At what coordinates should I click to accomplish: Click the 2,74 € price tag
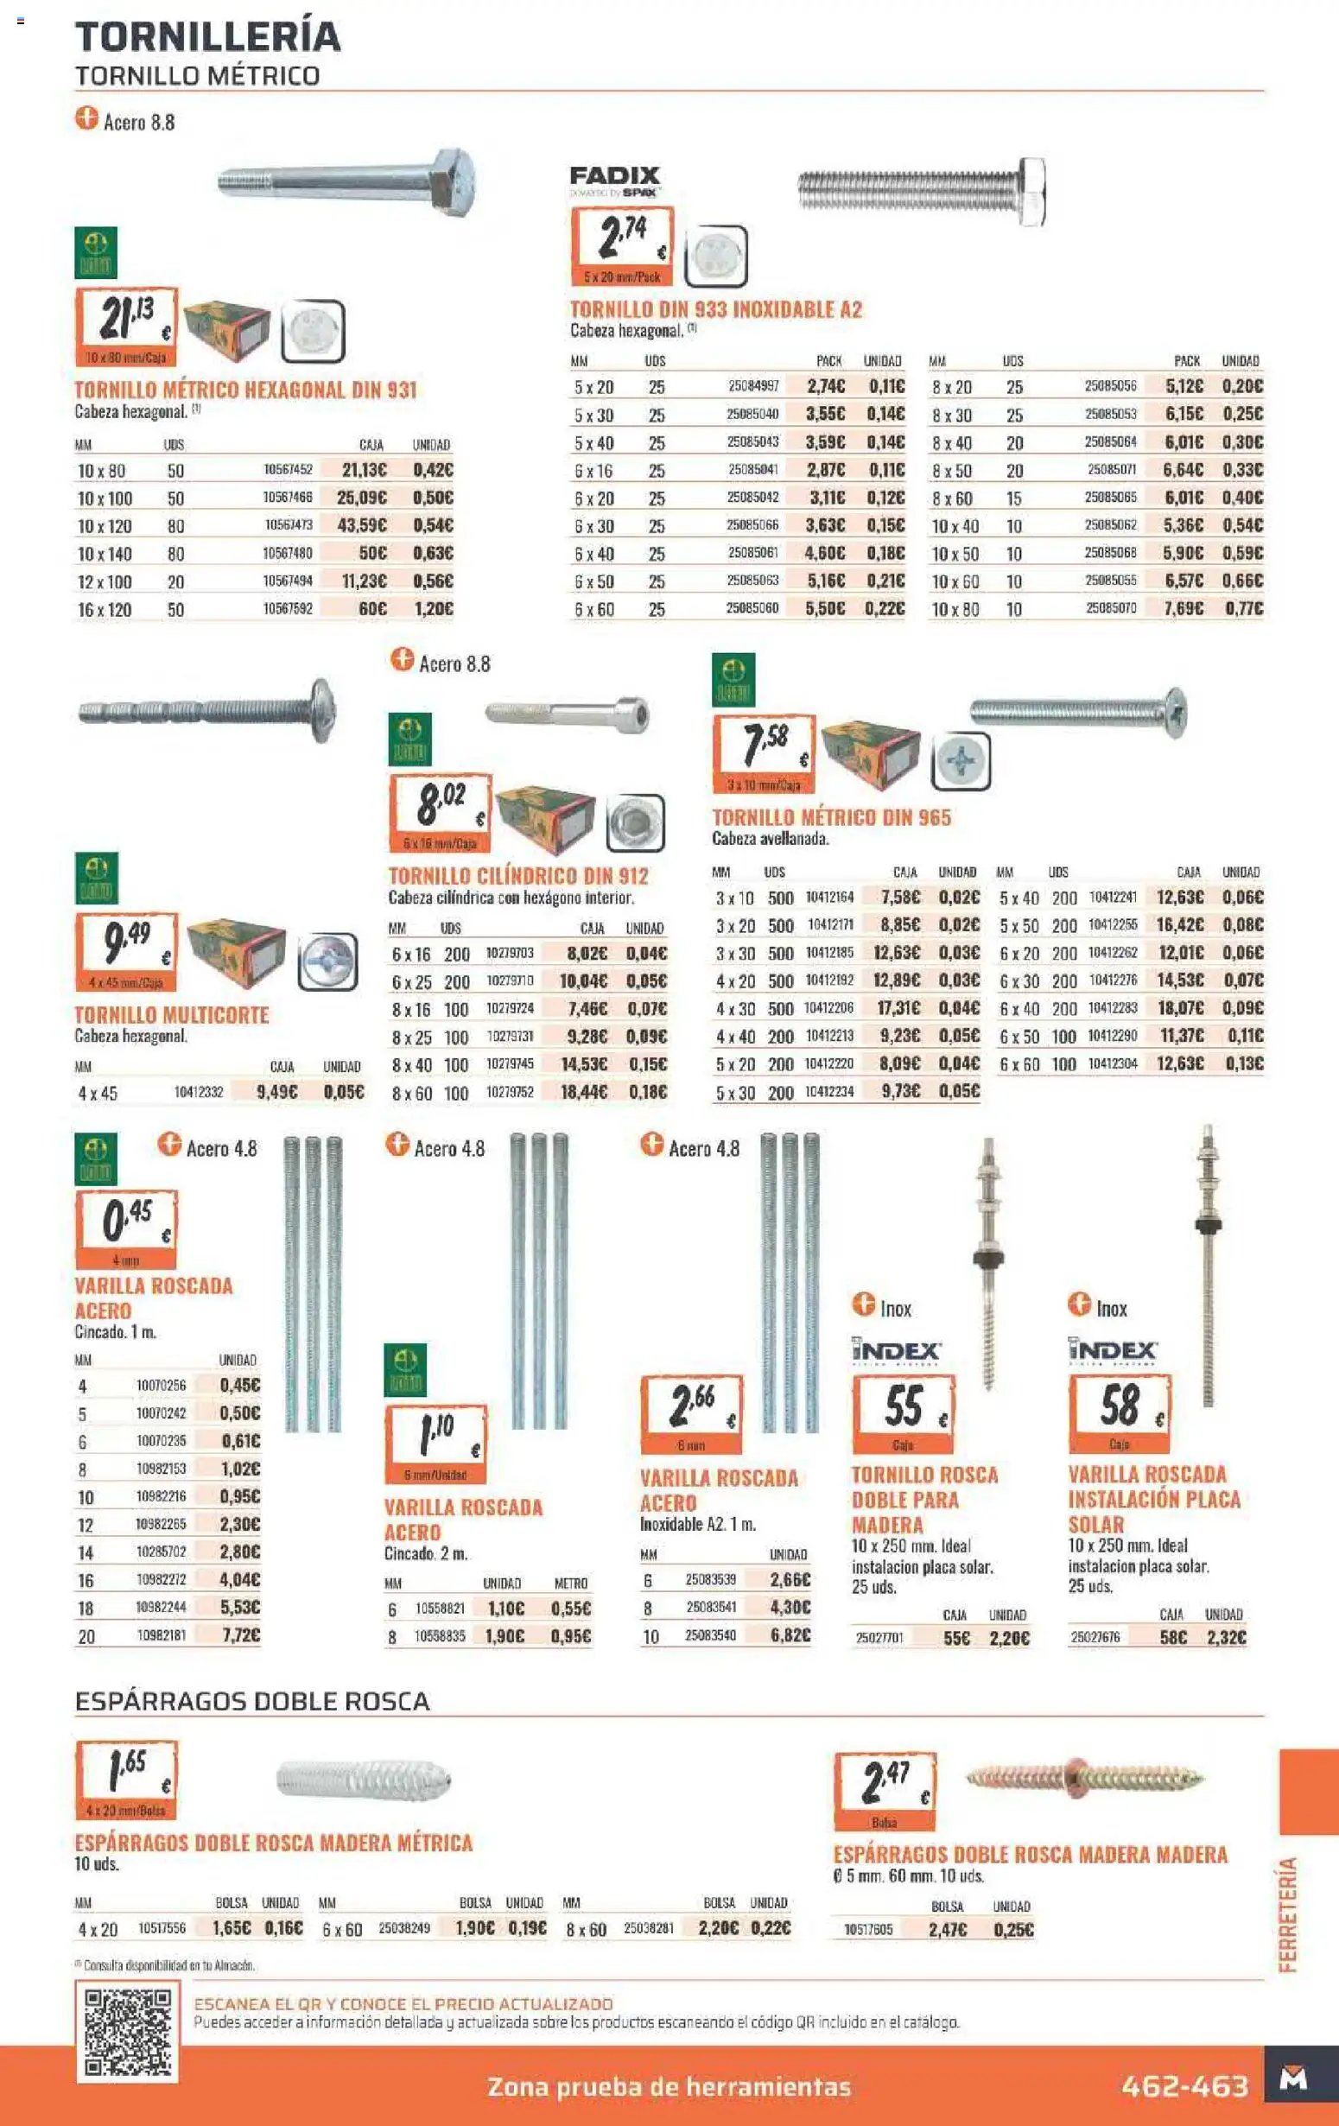(x=622, y=244)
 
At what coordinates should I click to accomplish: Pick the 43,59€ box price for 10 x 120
(x=362, y=525)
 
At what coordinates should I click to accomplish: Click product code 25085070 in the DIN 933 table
(x=1110, y=608)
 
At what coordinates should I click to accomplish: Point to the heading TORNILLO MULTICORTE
(x=171, y=1015)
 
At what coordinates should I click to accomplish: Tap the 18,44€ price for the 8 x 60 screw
(x=583, y=1092)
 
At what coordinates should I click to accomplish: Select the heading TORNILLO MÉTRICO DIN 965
(x=830, y=817)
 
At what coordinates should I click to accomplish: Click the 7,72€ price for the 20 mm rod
(x=240, y=1635)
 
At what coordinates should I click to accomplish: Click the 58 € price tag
(x=1120, y=1412)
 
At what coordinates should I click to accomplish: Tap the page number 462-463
(x=1184, y=2085)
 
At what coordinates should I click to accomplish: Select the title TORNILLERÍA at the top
(x=207, y=36)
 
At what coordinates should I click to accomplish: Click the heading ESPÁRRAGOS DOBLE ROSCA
(x=252, y=1702)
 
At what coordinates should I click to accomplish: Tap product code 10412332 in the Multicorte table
(x=198, y=1092)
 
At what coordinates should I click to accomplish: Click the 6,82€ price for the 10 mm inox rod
(x=789, y=1635)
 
